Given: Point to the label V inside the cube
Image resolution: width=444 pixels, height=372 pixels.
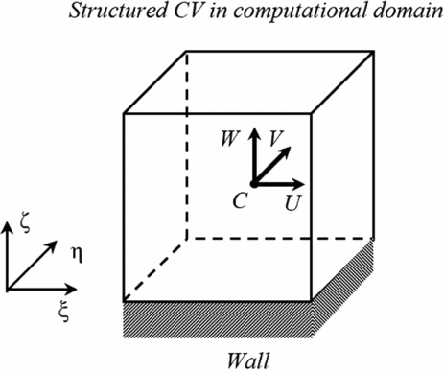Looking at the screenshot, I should pyautogui.click(x=275, y=140).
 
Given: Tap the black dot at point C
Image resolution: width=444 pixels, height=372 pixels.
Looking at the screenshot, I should pyautogui.click(x=253, y=182).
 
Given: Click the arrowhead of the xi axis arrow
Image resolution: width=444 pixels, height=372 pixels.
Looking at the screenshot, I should pyautogui.click(x=74, y=288).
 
